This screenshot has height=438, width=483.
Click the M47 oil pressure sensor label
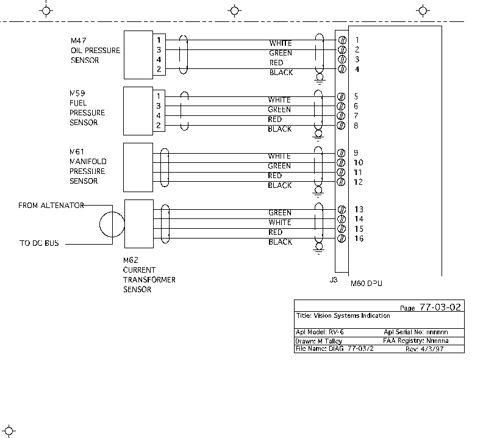pos(95,50)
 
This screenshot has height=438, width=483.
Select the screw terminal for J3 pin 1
pos(342,40)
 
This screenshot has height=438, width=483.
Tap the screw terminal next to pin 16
pos(342,239)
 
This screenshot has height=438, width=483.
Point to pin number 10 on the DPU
pos(358,162)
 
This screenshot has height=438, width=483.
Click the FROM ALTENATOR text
pos(51,206)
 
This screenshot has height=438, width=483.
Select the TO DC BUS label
pos(39,243)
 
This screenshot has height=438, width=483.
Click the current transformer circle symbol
pos(112,224)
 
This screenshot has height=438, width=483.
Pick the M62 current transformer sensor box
pos(139,224)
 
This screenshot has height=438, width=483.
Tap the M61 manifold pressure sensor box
pos(138,167)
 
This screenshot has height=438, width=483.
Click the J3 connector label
pos(334,280)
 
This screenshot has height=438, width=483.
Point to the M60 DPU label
pos(367,284)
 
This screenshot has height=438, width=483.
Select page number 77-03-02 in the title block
pos(440,307)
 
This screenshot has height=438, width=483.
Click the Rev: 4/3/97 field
pos(424,349)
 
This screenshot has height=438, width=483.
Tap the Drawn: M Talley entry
pos(318,341)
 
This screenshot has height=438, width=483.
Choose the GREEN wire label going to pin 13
pos(280,213)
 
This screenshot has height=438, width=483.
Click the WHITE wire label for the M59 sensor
pos(279,100)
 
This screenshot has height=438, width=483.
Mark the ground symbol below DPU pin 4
pos(320,79)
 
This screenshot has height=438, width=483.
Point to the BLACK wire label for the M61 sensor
pos(280,185)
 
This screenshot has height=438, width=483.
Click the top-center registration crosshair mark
pos(234,11)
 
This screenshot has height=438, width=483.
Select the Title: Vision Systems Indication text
pos(343,315)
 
